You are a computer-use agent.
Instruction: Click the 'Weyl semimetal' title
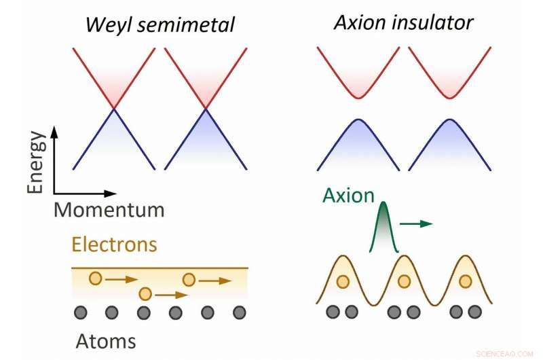[160, 25]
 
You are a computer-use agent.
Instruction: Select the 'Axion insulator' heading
[403, 22]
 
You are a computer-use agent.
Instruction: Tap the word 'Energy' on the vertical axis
[37, 163]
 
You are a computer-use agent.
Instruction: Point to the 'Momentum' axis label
[109, 209]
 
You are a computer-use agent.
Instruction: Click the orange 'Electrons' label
[115, 244]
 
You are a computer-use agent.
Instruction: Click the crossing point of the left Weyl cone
[113, 109]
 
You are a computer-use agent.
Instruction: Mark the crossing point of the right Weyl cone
[205, 109]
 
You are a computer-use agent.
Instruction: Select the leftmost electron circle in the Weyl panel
[96, 278]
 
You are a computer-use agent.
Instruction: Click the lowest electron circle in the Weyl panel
[144, 294]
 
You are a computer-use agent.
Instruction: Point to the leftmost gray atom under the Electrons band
[80, 312]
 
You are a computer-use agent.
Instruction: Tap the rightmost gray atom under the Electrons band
[239, 312]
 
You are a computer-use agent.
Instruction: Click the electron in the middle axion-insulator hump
[405, 281]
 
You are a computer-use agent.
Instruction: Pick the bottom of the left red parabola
[358, 98]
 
